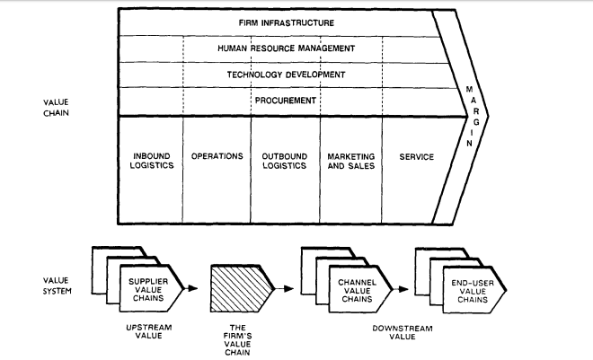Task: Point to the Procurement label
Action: (286, 101)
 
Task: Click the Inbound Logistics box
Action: (151, 162)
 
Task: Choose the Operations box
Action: (217, 156)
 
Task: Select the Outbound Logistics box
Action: (284, 162)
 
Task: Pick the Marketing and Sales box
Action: (350, 162)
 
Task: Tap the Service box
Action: (415, 156)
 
